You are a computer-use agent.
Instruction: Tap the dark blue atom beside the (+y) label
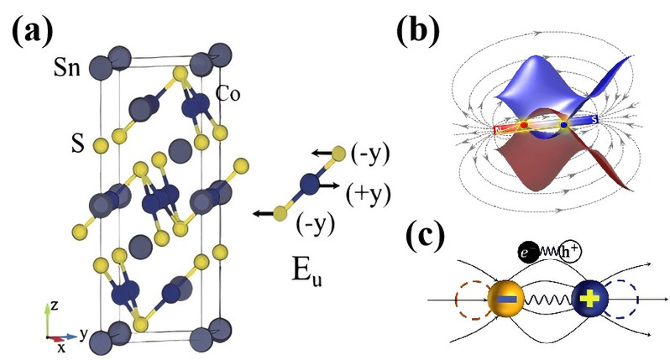[x=311, y=181]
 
